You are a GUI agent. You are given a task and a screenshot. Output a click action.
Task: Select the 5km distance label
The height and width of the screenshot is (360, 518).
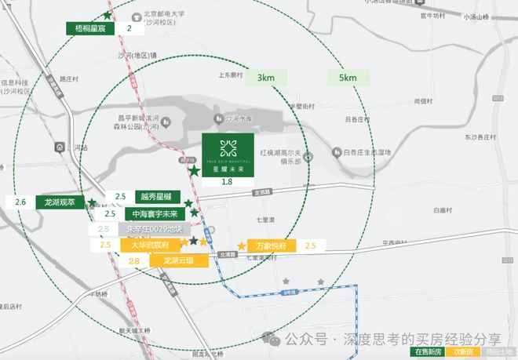pos(347,78)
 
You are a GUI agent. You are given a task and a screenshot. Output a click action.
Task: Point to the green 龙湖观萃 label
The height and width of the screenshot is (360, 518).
pos(59,202)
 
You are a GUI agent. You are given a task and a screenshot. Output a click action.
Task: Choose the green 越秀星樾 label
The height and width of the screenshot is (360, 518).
pos(157,196)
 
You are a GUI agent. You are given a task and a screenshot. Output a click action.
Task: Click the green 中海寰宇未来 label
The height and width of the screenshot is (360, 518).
pos(154,213)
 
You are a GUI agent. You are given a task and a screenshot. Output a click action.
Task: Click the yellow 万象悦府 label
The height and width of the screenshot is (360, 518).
pos(271,245)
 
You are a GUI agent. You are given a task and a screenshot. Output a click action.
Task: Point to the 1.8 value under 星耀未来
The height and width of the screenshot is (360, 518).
pos(228,182)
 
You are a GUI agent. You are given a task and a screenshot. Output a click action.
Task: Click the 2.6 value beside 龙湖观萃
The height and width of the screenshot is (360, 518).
pos(20,202)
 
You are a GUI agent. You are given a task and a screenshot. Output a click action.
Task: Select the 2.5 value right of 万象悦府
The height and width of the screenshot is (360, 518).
pos(310,245)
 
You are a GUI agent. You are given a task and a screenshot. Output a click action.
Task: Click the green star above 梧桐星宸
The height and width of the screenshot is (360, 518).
pos(107,15)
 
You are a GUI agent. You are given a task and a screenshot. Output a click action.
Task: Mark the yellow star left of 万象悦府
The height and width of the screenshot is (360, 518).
pos(241,245)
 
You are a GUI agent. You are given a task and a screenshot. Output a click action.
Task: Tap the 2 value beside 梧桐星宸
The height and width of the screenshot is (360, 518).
pos(129,27)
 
